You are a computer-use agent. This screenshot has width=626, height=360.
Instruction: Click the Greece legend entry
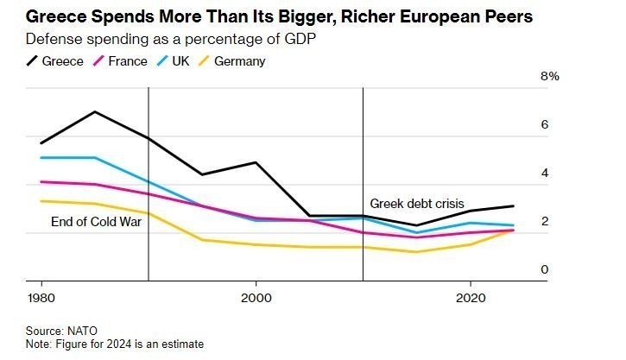55,61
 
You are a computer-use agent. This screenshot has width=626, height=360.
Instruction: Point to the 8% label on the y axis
550,76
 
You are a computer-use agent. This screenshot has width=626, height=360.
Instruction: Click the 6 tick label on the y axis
545,124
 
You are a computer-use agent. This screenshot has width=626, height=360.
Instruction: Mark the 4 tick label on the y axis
545,173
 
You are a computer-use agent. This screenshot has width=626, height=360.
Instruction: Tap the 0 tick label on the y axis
545,269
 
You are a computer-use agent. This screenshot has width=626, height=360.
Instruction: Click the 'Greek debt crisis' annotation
417,204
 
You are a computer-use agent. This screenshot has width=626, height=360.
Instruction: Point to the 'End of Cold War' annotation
96,222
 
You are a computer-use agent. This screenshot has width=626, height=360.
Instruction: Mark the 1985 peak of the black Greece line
94,112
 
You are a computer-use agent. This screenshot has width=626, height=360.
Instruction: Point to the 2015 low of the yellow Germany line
416,252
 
